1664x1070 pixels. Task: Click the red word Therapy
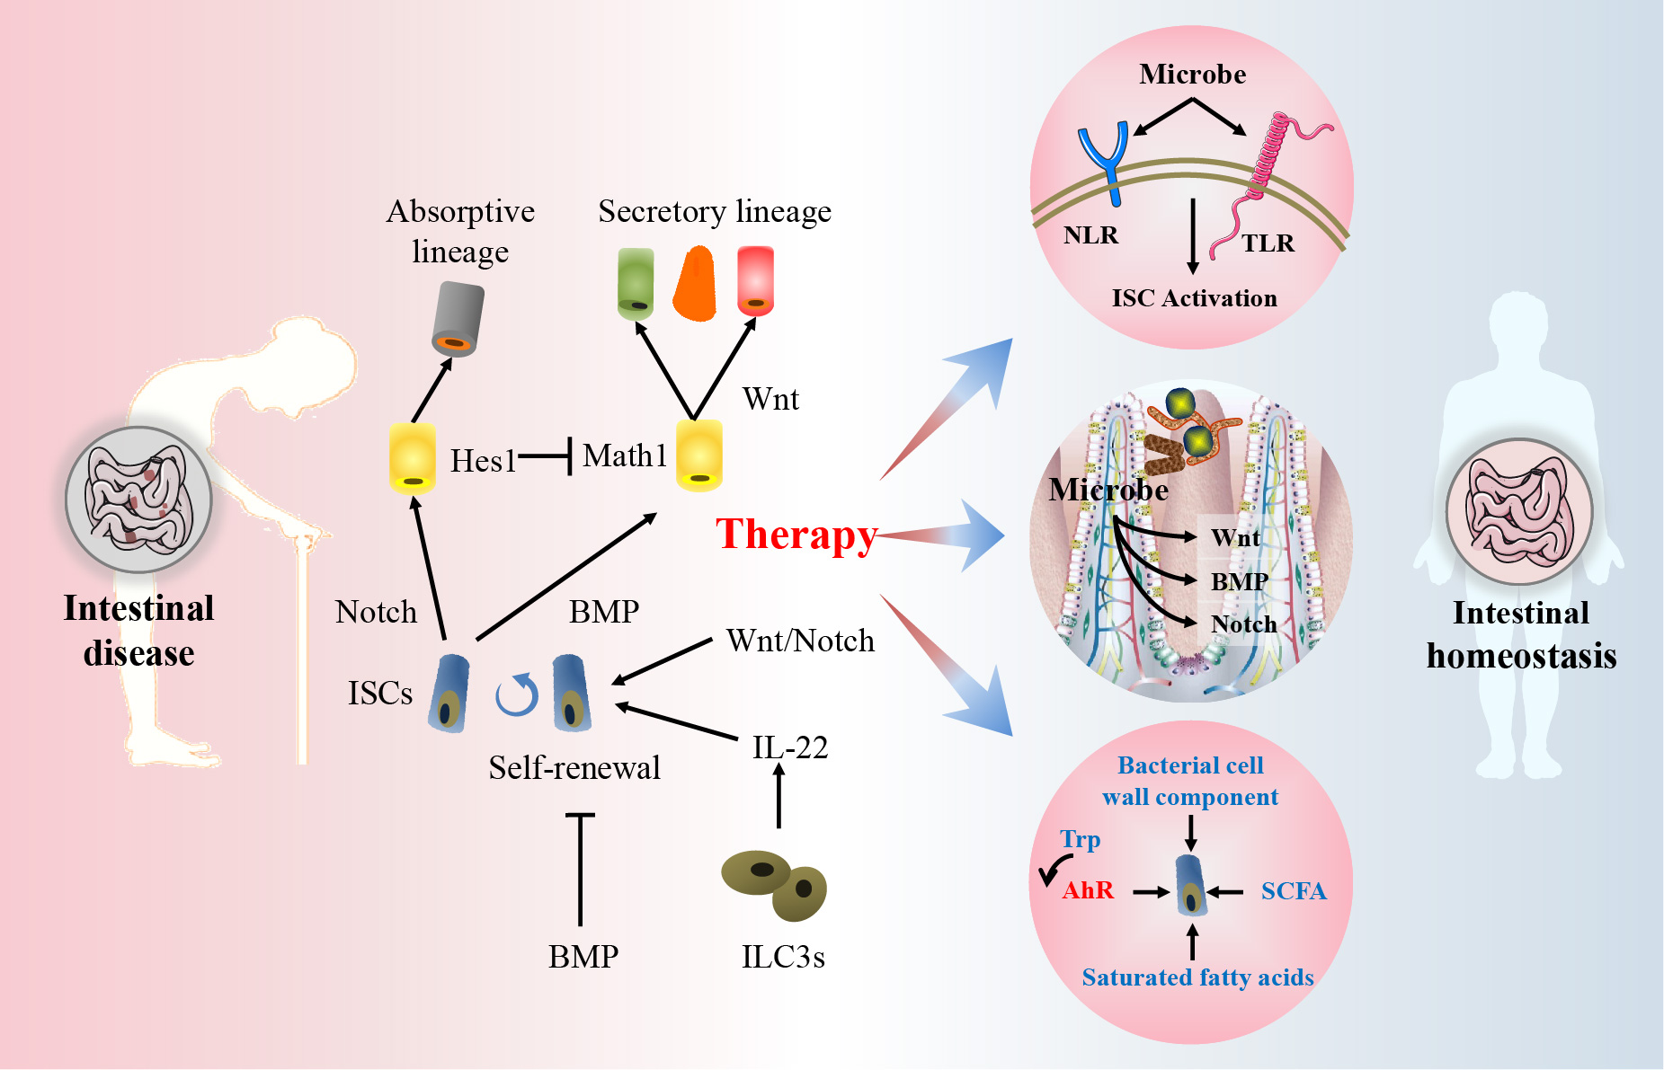click(x=796, y=536)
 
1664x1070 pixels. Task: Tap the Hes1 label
click(x=483, y=461)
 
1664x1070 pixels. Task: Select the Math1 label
click(x=625, y=456)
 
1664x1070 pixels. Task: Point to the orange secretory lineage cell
click(x=695, y=284)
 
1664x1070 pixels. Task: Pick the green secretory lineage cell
click(x=636, y=284)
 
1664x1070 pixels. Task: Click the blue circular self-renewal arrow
click(x=517, y=695)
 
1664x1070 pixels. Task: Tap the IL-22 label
click(x=790, y=747)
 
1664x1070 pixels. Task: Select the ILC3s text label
click(x=783, y=957)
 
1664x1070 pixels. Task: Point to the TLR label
click(x=1268, y=243)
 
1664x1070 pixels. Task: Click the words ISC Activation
click(x=1195, y=298)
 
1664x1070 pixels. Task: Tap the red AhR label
click(x=1088, y=890)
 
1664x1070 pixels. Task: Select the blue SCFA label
click(x=1294, y=891)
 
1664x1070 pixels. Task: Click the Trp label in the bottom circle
click(x=1080, y=840)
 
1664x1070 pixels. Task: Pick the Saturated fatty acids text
click(x=1197, y=977)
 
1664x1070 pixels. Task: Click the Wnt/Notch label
click(x=800, y=641)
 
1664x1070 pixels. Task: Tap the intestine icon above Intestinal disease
click(x=138, y=500)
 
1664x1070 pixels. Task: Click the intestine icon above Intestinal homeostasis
click(x=1519, y=512)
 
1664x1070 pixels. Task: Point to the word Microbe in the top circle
click(x=1193, y=74)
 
